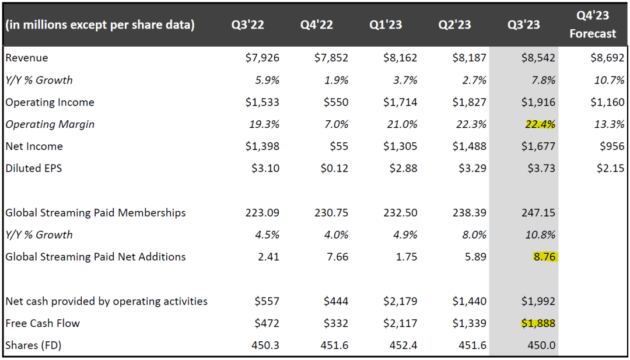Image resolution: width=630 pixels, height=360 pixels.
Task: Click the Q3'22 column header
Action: [249, 25]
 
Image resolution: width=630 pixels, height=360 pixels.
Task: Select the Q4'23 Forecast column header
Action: [593, 25]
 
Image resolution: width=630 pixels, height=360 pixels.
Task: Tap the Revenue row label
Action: [27, 58]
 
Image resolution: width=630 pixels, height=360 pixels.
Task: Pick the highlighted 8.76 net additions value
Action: [543, 257]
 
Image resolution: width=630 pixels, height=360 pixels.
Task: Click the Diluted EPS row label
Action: [34, 169]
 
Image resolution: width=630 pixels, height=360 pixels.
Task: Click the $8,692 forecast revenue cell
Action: [607, 58]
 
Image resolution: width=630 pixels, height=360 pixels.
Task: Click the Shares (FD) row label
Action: [33, 345]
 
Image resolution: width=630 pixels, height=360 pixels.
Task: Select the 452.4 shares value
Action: [404, 345]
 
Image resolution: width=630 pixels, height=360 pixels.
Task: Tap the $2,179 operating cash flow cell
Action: [400, 301]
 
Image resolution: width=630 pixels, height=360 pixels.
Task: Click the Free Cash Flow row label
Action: [43, 323]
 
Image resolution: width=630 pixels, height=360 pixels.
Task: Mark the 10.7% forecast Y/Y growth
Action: [610, 80]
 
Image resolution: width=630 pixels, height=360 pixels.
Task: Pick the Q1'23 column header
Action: [386, 25]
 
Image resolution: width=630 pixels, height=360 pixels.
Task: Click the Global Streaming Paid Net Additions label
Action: [96, 257]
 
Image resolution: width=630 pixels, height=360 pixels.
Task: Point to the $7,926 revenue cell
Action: [262, 58]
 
